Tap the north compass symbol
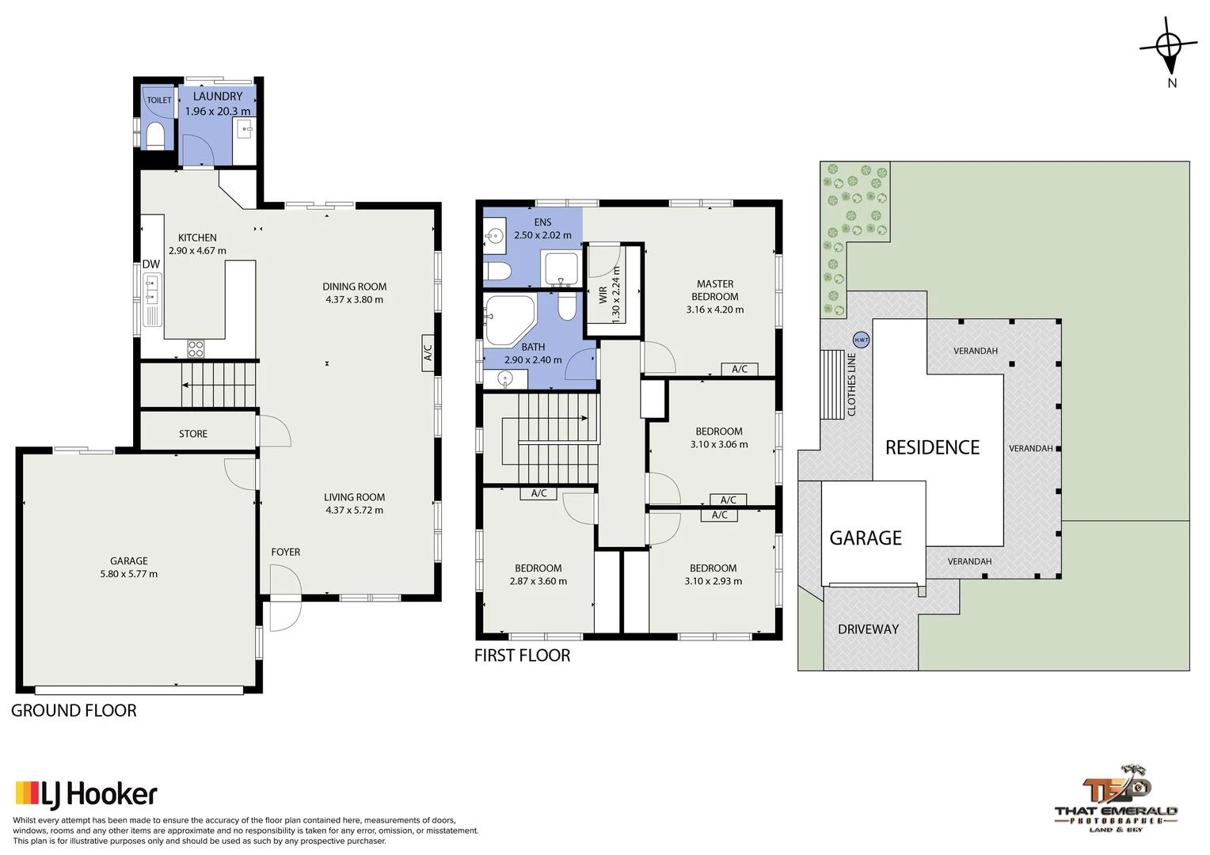[1170, 47]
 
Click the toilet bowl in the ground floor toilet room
[155, 135]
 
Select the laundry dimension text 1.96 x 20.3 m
[217, 112]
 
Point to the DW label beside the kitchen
[150, 264]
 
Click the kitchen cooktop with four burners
[196, 348]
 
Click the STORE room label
[193, 434]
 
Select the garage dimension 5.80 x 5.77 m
[128, 574]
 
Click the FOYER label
[285, 552]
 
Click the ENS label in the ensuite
[542, 222]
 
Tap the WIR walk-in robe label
[603, 294]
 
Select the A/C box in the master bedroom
[739, 369]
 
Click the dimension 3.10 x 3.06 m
[718, 444]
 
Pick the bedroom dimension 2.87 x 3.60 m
[538, 581]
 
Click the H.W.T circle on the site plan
[861, 340]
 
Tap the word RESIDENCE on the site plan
[932, 447]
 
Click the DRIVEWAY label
[868, 629]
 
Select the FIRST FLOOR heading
[522, 655]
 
